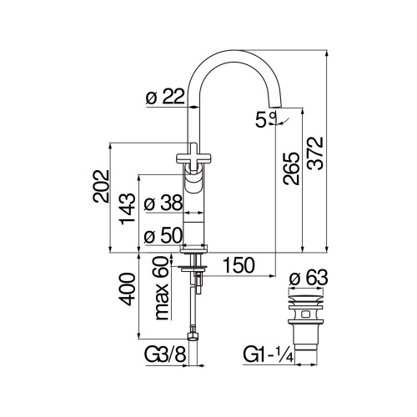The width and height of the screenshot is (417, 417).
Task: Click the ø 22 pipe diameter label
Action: coord(163,98)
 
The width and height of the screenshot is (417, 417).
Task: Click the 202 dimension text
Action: coord(101,185)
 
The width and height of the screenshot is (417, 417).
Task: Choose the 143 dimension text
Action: coord(126,212)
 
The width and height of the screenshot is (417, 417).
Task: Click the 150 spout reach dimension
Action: coord(239,266)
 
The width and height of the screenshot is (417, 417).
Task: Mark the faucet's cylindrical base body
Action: coord(193,217)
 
